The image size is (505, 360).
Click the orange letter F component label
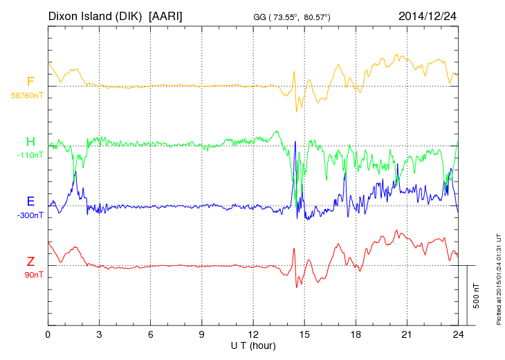coord(30,82)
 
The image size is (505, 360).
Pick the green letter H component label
coord(30,142)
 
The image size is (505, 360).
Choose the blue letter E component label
coord(30,201)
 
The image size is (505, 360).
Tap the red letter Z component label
coord(30,261)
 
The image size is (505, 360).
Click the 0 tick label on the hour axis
coord(48,334)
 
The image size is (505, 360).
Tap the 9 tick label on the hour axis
coord(202,334)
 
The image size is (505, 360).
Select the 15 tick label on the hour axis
coord(304,334)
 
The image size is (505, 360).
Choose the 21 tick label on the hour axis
coord(407,334)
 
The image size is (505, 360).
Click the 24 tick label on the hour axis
coord(458,334)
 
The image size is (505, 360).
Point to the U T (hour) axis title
coord(253,345)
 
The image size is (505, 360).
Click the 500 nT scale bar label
coord(477,295)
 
